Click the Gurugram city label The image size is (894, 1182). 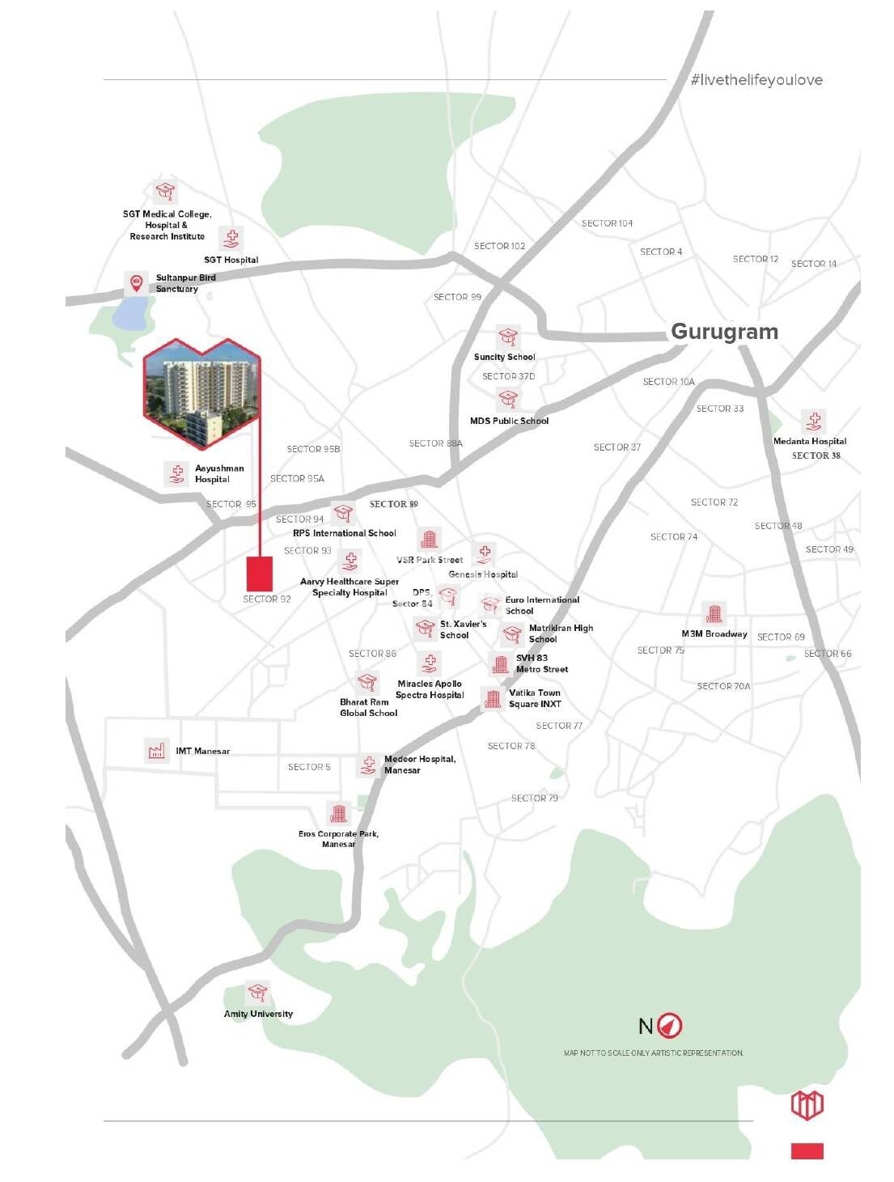point(724,332)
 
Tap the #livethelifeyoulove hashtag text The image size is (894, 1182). point(756,80)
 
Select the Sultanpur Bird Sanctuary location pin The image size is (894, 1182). point(136,282)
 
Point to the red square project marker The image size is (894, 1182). point(259,574)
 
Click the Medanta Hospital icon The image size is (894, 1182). point(813,422)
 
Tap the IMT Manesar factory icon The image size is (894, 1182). point(156,750)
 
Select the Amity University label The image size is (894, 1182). point(258,1014)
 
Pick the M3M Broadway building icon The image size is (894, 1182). point(713,614)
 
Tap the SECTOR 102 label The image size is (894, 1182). point(499,246)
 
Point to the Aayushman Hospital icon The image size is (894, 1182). point(176,473)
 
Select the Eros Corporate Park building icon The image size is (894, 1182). point(338,813)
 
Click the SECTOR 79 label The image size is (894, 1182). point(534,798)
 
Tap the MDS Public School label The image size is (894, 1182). point(509,421)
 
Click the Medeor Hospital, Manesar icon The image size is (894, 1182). point(368,765)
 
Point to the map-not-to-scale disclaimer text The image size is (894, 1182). point(653,1053)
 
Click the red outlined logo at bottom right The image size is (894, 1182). point(807,1105)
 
